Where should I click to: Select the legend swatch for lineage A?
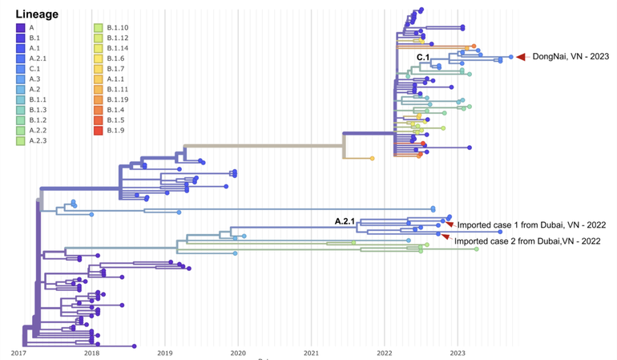pyautogui.click(x=20, y=28)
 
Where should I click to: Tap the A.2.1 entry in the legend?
pyautogui.click(x=20, y=59)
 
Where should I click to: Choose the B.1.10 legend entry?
pyautogui.click(x=99, y=28)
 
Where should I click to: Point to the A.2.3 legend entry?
pyautogui.click(x=20, y=140)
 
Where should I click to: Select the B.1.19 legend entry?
pyautogui.click(x=99, y=99)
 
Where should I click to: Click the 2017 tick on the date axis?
pyautogui.click(x=19, y=352)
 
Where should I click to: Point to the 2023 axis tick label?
pyautogui.click(x=458, y=352)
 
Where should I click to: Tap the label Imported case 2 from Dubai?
pyautogui.click(x=521, y=241)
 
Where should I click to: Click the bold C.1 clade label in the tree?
pyautogui.click(x=423, y=57)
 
